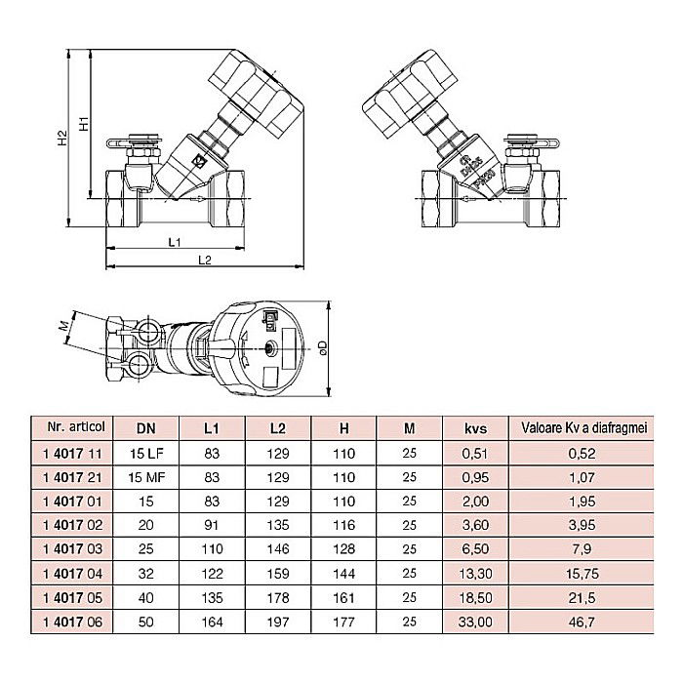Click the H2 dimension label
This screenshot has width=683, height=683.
point(61,140)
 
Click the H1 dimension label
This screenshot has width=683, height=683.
point(84,125)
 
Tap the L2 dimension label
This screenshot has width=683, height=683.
point(204,260)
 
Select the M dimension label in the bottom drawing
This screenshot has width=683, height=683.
point(61,325)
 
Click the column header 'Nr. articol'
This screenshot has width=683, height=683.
point(75,427)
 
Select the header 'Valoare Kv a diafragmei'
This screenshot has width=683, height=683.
point(583,427)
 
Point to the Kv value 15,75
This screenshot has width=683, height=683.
point(583,573)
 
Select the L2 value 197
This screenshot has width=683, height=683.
point(278,622)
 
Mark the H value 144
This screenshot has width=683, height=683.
point(343,573)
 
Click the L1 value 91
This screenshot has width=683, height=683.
point(213,525)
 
